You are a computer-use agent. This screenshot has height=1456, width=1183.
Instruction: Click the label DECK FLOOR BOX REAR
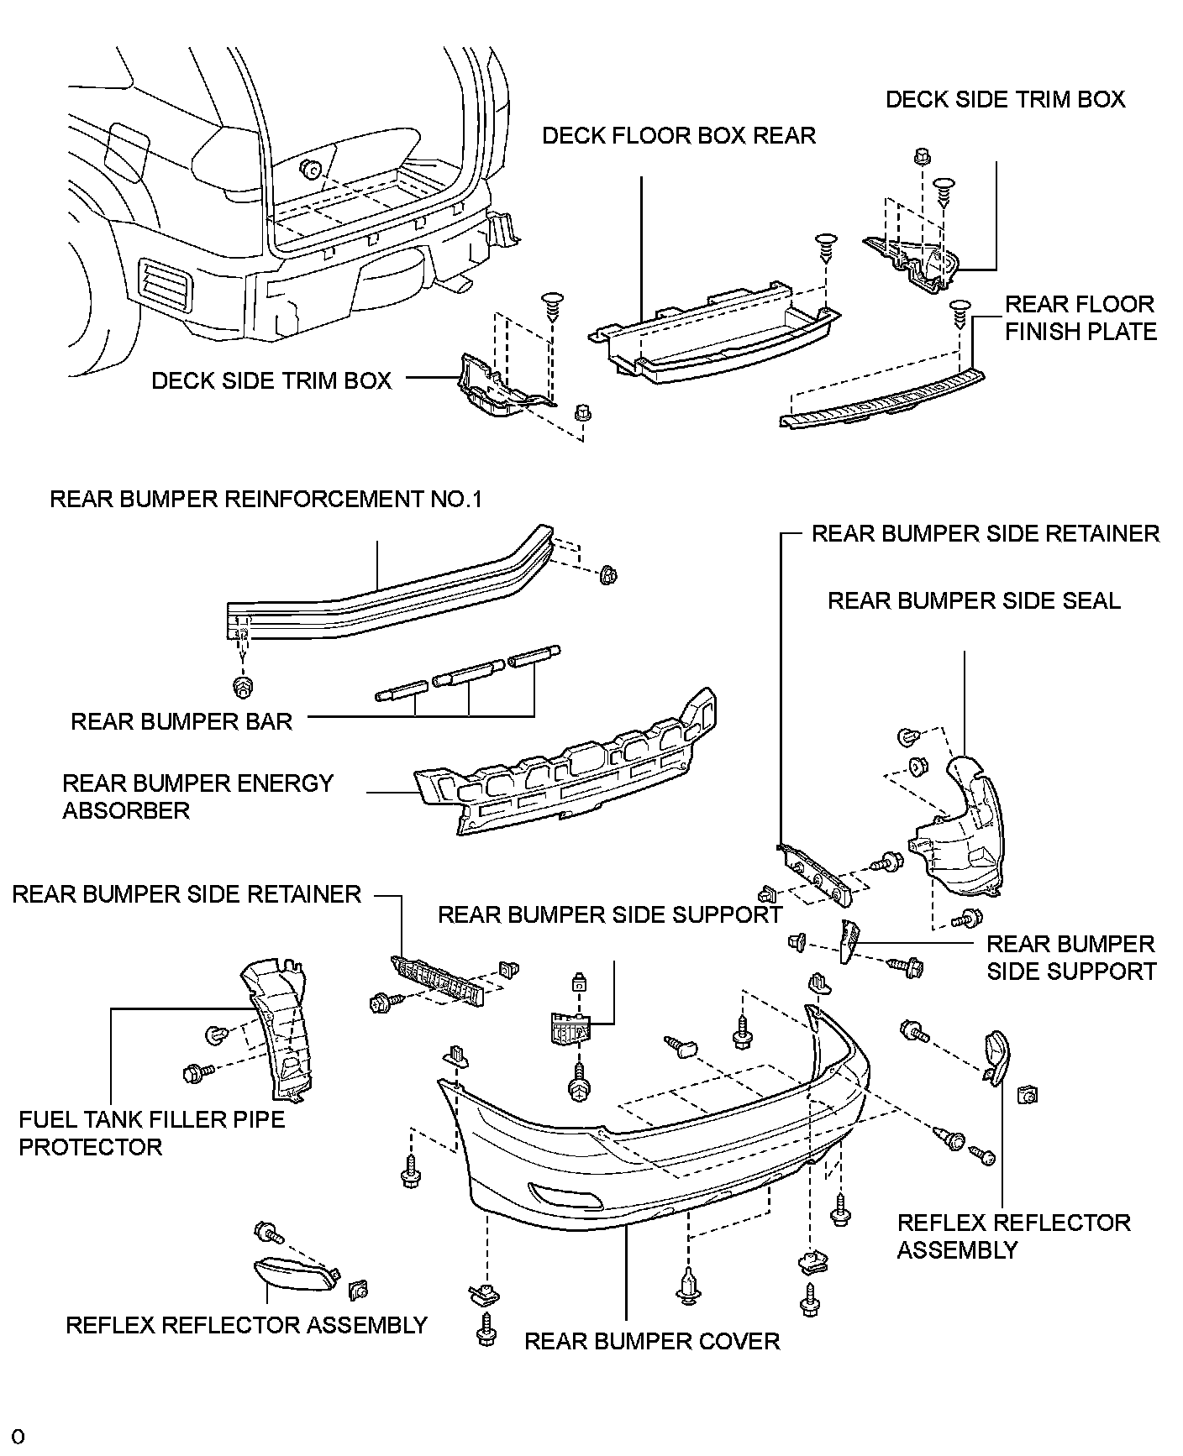point(678,136)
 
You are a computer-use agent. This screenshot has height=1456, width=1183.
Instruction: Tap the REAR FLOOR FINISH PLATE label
point(1080,318)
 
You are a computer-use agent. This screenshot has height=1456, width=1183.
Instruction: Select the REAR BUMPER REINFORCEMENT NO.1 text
point(266,500)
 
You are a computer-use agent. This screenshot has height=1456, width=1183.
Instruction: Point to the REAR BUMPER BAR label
point(181,722)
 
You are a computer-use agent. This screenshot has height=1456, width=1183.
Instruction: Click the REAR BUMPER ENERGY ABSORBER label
point(197,797)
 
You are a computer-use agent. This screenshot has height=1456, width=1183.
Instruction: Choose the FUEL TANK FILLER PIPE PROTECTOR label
point(151,1133)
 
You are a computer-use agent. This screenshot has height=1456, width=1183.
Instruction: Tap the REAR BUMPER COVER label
point(652,1341)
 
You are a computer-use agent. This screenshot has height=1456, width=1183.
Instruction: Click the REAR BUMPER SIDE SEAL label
point(974,601)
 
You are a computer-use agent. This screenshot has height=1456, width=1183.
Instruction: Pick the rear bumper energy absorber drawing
point(571,773)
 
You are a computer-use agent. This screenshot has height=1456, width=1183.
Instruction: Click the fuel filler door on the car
point(128,148)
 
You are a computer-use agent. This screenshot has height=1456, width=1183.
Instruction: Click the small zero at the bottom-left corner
point(18,1437)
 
